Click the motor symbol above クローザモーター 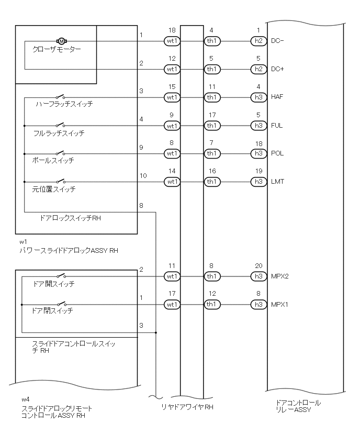(x=61, y=41)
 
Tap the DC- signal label (x=277, y=41)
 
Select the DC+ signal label (x=277, y=69)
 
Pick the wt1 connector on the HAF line (x=172, y=97)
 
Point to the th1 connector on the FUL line (x=211, y=126)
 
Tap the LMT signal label (x=278, y=182)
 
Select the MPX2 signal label (x=280, y=276)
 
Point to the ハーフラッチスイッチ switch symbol (x=62, y=96)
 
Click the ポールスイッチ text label (x=53, y=161)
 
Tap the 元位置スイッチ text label (x=54, y=189)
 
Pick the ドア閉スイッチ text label (x=52, y=311)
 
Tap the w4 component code (x=25, y=400)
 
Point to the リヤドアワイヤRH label (x=187, y=407)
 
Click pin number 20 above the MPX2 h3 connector (x=258, y=266)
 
